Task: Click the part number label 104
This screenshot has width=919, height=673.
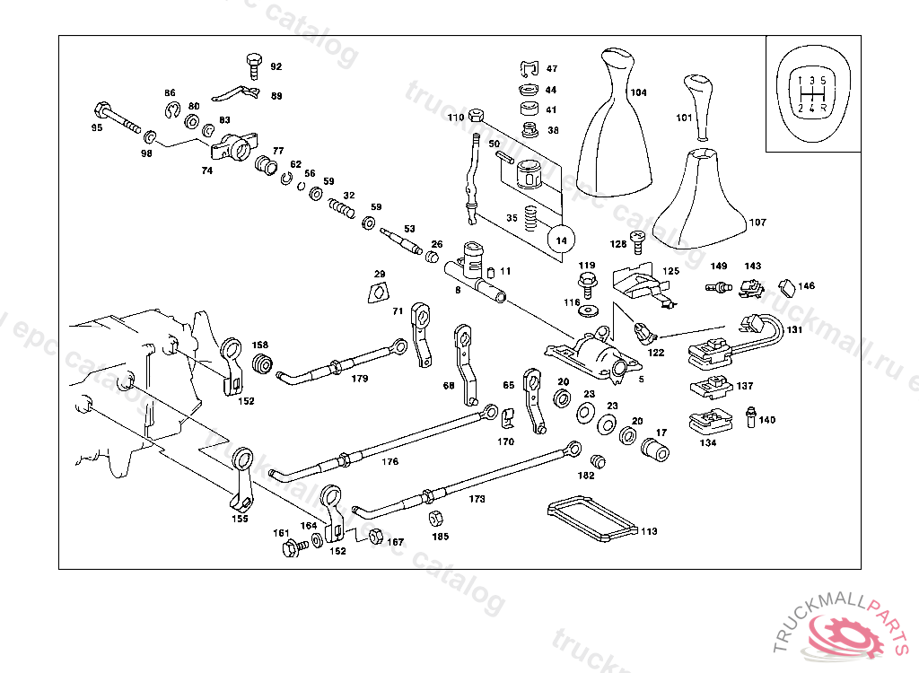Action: (638, 92)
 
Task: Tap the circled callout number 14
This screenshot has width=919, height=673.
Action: (562, 240)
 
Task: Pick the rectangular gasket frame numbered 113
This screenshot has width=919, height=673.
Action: (591, 520)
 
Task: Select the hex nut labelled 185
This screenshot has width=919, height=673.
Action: (438, 519)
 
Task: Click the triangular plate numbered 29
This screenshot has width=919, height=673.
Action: (380, 292)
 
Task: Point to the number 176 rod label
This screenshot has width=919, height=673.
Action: (389, 462)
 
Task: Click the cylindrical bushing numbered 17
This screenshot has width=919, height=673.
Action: (655, 450)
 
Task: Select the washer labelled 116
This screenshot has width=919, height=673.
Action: (589, 310)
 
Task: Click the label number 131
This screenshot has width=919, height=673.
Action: (794, 330)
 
